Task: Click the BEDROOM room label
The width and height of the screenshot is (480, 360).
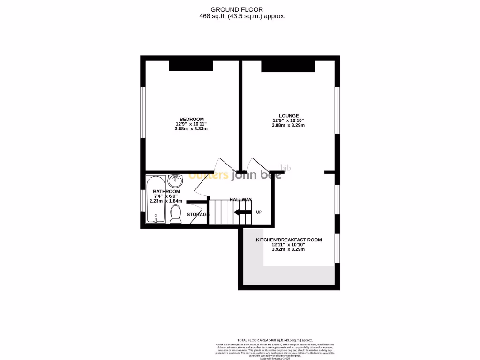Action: tap(192, 119)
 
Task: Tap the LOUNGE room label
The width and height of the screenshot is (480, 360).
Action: tap(288, 116)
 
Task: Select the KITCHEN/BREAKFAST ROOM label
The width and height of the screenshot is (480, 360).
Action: tap(288, 240)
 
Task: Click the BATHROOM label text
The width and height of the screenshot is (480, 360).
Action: tap(166, 192)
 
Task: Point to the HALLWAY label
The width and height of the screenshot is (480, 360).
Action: tap(240, 200)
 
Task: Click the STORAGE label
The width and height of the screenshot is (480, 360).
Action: tap(197, 215)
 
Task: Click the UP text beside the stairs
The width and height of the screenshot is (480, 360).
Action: tap(258, 212)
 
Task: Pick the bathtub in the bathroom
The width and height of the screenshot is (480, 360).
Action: tap(155, 200)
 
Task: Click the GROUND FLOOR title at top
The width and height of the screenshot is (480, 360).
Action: tap(237, 9)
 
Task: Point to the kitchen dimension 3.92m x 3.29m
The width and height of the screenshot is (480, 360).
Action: tap(288, 249)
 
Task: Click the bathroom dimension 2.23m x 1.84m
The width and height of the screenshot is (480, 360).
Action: tap(165, 201)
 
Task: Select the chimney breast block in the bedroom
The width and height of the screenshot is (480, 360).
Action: tap(191, 66)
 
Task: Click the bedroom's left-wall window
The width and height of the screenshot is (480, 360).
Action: tap(143, 112)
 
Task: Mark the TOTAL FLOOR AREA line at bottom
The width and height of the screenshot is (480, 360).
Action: tap(275, 340)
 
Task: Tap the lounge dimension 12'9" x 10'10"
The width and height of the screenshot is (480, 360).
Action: tap(288, 120)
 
